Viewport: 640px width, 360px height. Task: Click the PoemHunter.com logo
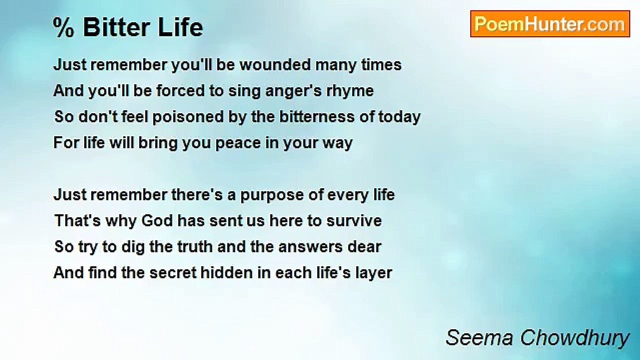[550, 24]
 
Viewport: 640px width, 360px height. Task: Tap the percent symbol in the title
[63, 27]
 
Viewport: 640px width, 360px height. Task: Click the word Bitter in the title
[116, 27]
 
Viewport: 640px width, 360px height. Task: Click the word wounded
[275, 64]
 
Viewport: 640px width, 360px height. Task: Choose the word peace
[238, 143]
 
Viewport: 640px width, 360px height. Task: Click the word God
[157, 220]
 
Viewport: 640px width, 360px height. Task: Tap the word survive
[354, 220]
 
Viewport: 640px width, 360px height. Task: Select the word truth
[195, 246]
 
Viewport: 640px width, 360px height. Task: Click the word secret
[173, 273]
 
